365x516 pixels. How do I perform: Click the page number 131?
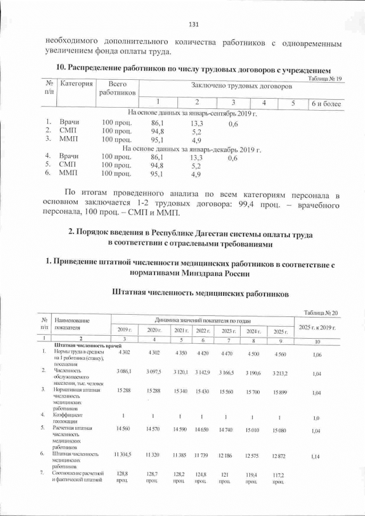pos(193,25)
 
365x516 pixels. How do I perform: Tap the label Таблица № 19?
pos(325,79)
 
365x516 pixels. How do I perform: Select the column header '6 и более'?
pos(325,103)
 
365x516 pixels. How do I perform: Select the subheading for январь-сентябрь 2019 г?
pos(193,113)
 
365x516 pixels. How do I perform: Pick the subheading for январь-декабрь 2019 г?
pos(192,150)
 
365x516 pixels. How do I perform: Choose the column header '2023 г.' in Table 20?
pos(229,331)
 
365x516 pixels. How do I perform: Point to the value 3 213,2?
pos(279,371)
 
